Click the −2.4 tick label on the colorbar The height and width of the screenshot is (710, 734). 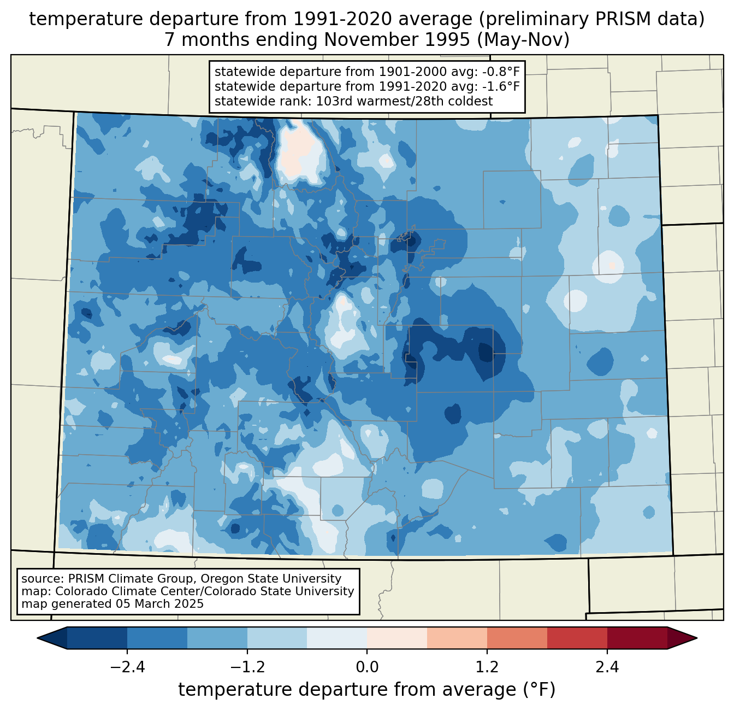point(127,667)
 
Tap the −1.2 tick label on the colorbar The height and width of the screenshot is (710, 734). point(247,667)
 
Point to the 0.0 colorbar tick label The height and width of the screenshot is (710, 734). point(367,667)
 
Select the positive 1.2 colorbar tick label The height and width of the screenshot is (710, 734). point(487,667)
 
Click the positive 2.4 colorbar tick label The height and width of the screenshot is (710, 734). point(607,667)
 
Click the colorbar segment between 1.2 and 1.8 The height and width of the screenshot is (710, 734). point(517,638)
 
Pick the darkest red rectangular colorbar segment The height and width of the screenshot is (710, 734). point(637,638)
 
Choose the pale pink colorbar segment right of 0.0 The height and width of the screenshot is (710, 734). point(396,638)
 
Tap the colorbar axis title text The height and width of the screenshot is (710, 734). point(366,690)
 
